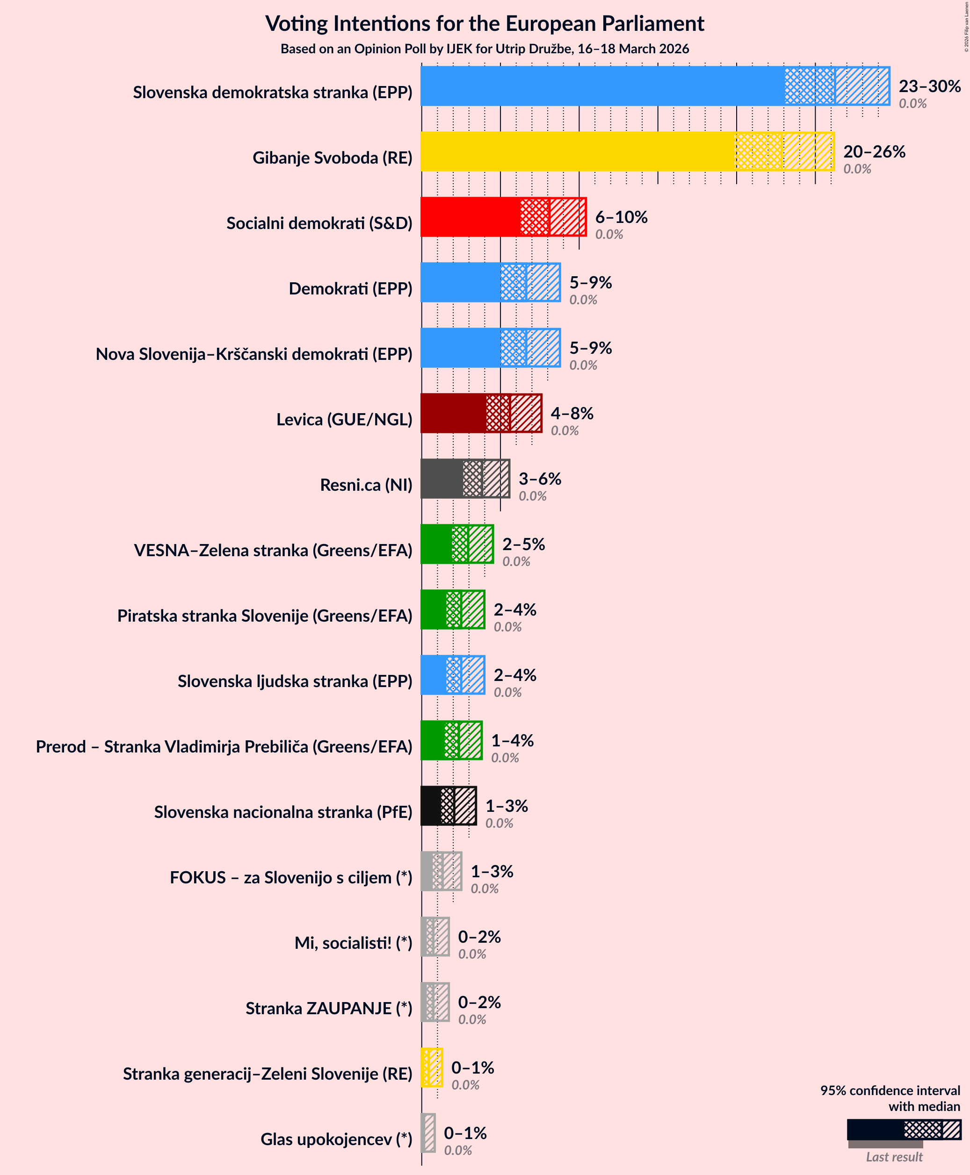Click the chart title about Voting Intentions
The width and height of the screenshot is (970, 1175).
485,24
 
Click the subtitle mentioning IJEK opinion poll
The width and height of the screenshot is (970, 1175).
485,49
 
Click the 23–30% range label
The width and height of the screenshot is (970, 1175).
929,86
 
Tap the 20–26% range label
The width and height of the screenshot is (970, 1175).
874,151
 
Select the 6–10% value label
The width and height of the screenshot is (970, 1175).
621,217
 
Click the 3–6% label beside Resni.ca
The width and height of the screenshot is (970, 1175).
539,479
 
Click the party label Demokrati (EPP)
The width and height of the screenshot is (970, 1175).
350,289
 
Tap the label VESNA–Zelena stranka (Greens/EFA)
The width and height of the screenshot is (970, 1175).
273,551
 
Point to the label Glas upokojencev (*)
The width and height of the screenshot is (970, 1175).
336,1139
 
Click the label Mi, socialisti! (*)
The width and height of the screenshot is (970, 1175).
353,943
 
